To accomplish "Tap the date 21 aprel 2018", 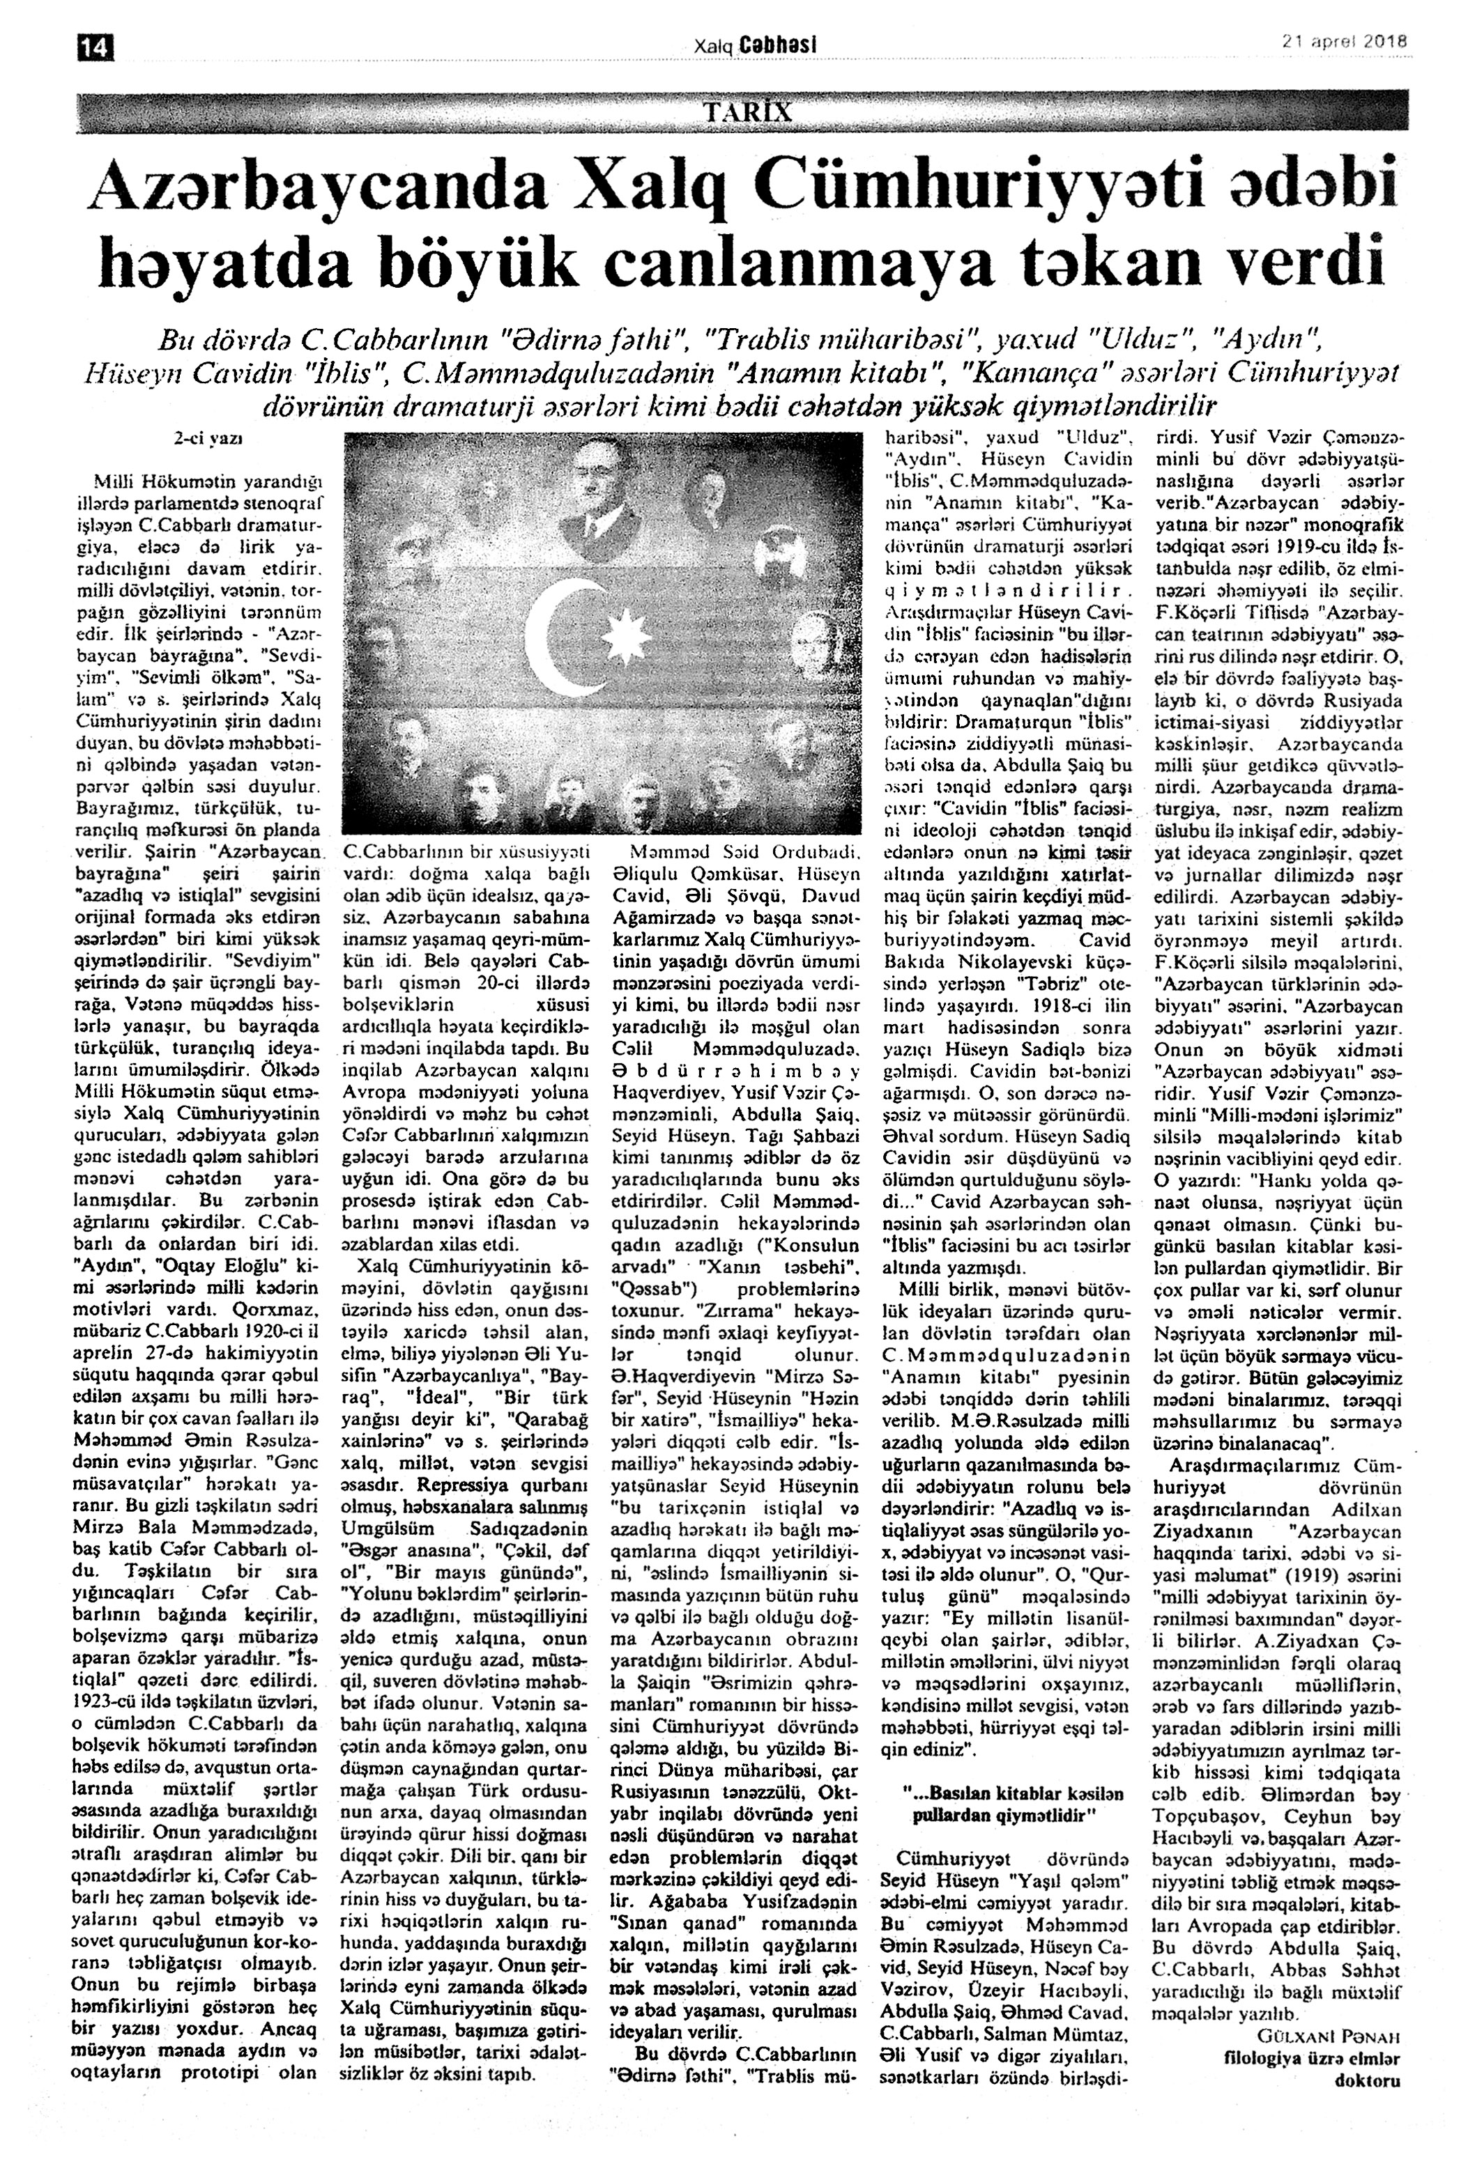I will coord(1345,42).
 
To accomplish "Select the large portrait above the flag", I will coord(595,500).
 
